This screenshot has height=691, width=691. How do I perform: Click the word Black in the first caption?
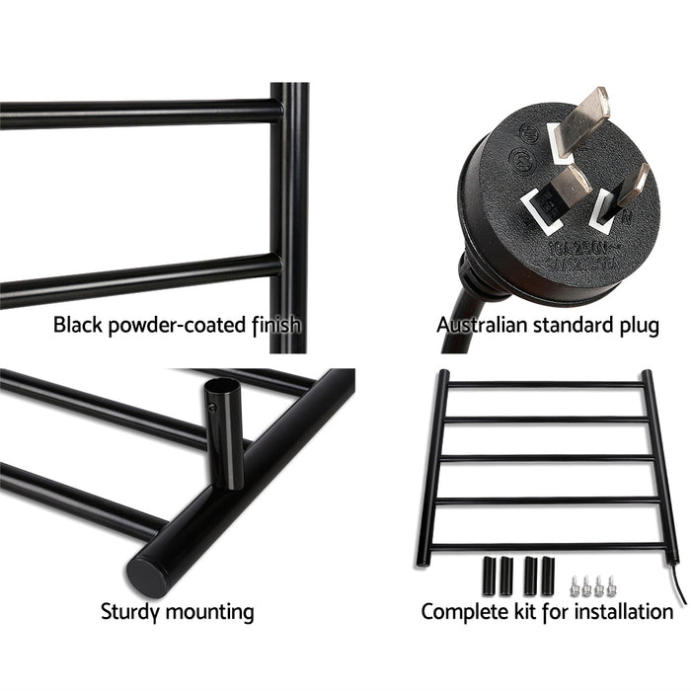75,324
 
